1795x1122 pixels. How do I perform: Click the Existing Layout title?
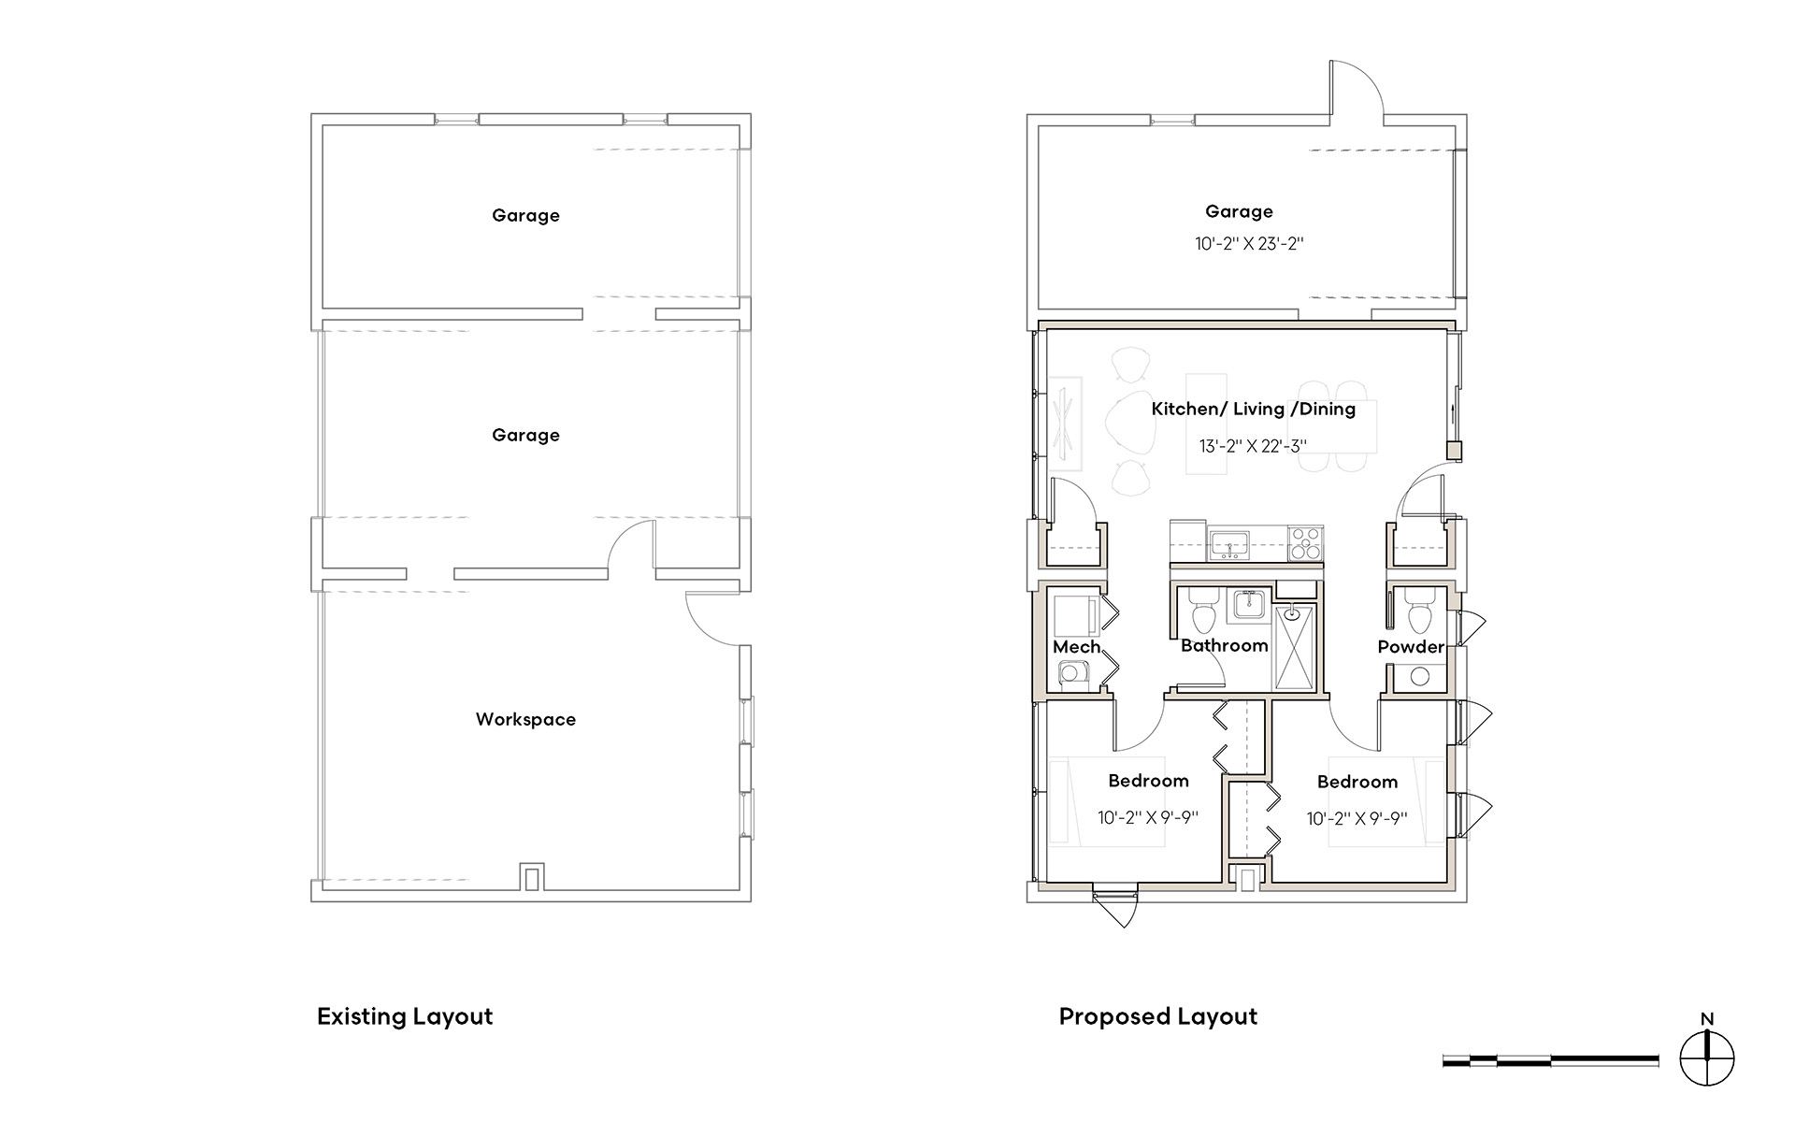[405, 1016]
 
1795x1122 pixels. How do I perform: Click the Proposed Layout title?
[1158, 1016]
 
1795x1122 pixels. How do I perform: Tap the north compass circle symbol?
[1707, 1059]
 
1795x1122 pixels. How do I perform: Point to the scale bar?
[1551, 1060]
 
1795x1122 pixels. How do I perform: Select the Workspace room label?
[525, 719]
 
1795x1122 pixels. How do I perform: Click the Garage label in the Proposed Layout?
[1239, 211]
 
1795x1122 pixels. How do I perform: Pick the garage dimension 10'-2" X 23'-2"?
[1249, 244]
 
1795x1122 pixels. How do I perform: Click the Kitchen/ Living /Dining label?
[1253, 409]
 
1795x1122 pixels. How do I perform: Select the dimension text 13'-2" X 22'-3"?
[1253, 446]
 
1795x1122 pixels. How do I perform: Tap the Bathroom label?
[1224, 645]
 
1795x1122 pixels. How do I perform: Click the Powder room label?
[1411, 646]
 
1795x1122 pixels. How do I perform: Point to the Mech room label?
[1076, 646]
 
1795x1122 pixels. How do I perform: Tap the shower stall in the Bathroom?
[1295, 647]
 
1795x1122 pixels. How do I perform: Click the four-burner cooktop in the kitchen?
[1306, 543]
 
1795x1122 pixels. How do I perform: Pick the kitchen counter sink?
[1229, 544]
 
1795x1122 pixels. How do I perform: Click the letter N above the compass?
[1707, 1019]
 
